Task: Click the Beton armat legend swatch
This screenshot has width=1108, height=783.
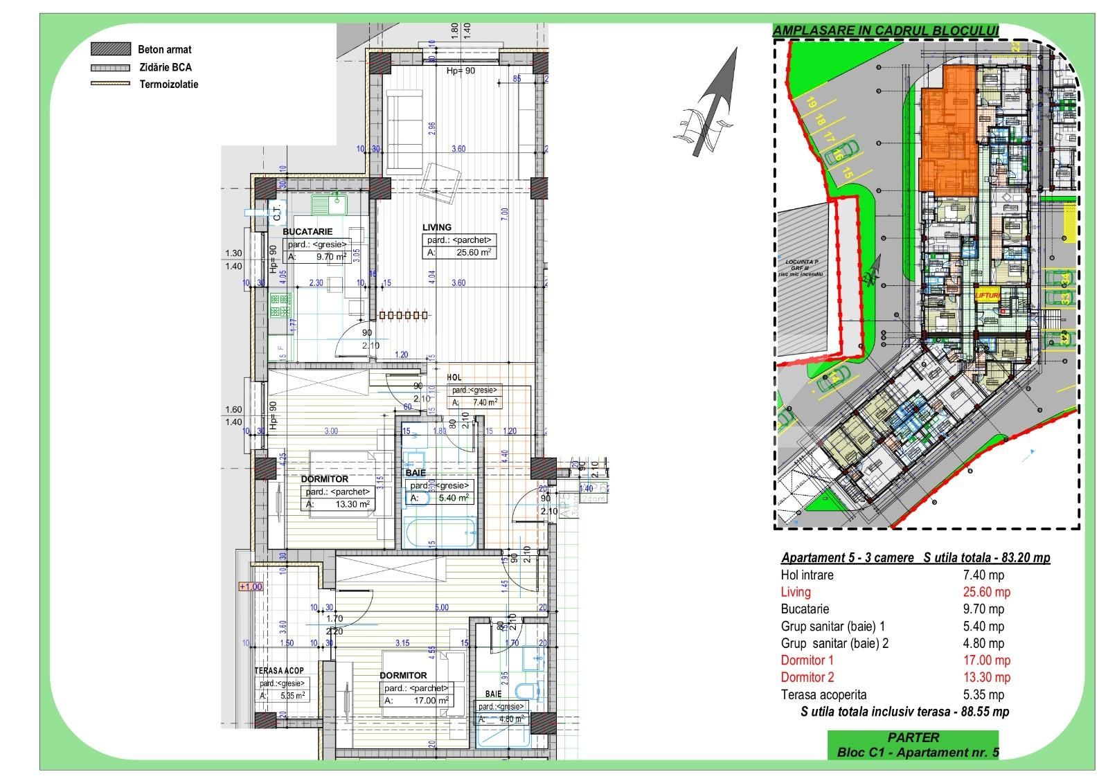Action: click(111, 49)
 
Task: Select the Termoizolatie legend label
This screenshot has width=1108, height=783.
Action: click(169, 84)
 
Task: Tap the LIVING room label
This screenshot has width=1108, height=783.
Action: click(437, 227)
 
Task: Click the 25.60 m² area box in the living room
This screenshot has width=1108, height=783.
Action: click(460, 246)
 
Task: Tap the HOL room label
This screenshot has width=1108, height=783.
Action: click(454, 377)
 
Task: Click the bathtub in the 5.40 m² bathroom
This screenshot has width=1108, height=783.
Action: click(440, 532)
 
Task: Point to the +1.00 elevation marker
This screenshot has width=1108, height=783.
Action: click(251, 586)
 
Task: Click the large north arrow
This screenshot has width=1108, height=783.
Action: click(713, 104)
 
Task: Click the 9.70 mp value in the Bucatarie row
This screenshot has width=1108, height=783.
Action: click(983, 609)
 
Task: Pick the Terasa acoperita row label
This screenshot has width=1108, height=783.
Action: click(823, 694)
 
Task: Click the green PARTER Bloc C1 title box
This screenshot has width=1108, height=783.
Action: click(913, 745)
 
